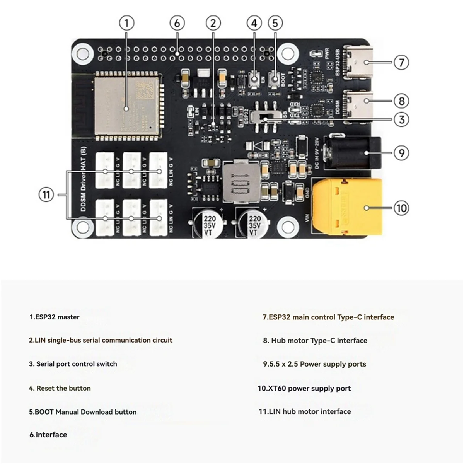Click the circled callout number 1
126,23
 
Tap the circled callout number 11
46,194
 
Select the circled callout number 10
401,208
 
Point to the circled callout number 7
401,62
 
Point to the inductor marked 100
241,182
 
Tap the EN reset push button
254,80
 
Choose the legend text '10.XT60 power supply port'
304,388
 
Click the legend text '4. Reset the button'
60,388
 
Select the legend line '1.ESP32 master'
55,317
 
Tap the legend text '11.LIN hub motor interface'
305,411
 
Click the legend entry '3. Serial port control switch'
73,364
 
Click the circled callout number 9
401,153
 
